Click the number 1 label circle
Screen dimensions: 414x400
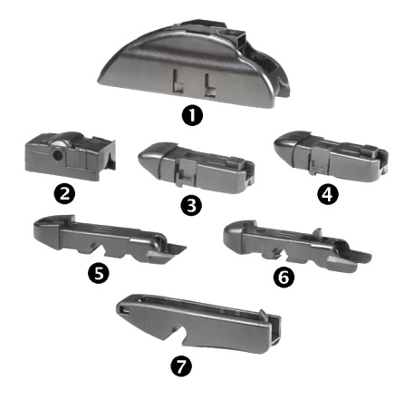[x=192, y=116]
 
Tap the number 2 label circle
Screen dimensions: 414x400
[x=64, y=194]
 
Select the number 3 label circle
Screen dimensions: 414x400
[x=191, y=206]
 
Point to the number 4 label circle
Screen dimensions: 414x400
[x=328, y=194]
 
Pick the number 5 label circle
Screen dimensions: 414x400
[x=99, y=273]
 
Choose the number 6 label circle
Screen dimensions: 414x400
[x=284, y=278]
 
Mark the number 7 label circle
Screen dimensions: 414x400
[x=181, y=366]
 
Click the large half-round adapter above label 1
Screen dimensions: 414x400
[x=193, y=63]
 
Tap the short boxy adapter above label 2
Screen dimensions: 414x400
[x=70, y=156]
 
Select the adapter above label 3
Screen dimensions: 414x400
[x=197, y=168]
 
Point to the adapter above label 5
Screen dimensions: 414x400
[x=109, y=239]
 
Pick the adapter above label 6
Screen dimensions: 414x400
[x=296, y=247]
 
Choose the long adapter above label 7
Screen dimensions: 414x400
[x=199, y=324]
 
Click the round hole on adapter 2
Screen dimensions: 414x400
[x=57, y=155]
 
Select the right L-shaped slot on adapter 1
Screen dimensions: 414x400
[x=210, y=85]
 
